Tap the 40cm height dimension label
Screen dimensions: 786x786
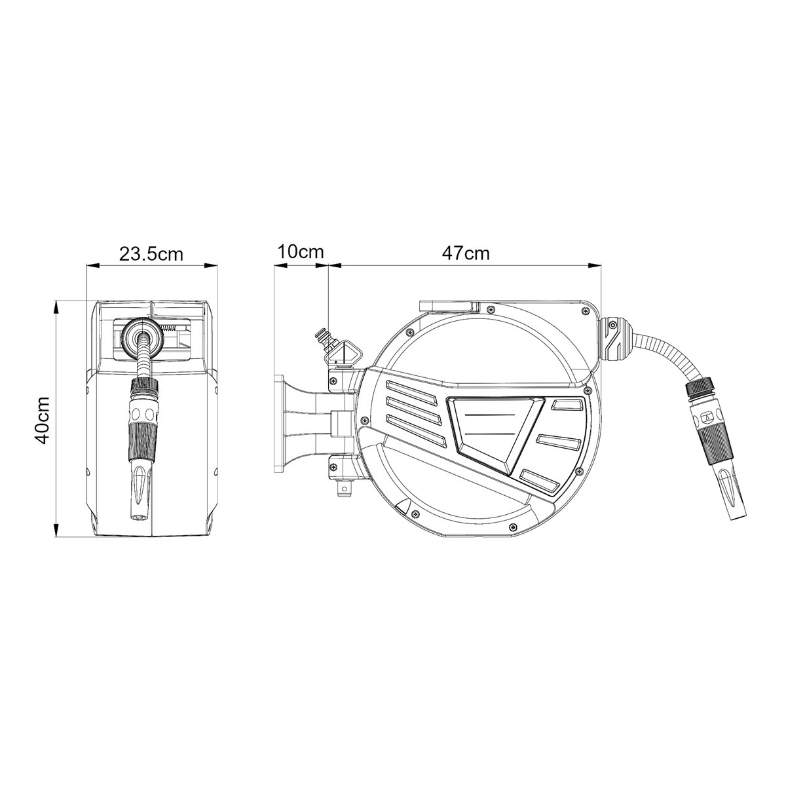pos(42,419)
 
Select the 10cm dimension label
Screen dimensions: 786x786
pos(301,252)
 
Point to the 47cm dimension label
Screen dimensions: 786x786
pos(466,253)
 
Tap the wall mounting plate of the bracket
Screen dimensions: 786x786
pos(280,423)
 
